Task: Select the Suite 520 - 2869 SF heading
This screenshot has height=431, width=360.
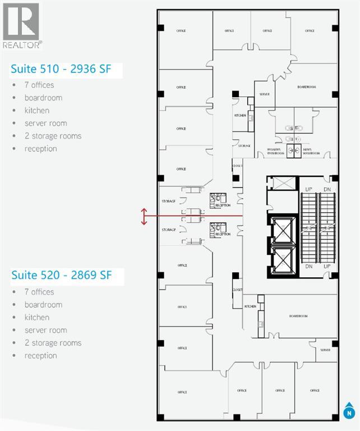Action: [61, 276]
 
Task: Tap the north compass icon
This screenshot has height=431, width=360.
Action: [349, 412]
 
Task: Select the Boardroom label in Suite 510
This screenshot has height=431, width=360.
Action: [307, 87]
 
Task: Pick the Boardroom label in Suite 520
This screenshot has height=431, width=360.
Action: [299, 316]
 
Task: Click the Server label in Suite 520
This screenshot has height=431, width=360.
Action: [326, 349]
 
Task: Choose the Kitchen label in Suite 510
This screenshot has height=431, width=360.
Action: [241, 116]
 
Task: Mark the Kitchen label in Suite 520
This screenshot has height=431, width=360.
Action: [250, 306]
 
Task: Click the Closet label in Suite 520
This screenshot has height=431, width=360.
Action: [237, 290]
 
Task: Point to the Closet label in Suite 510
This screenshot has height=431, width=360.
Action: [237, 166]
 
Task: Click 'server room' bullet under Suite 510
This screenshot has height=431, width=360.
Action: [45, 123]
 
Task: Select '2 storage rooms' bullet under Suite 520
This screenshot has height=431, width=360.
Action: [53, 343]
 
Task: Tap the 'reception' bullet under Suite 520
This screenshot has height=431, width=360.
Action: [40, 356]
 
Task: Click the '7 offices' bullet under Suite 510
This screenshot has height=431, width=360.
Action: [39, 85]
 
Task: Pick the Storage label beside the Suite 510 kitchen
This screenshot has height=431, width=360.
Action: [244, 145]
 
